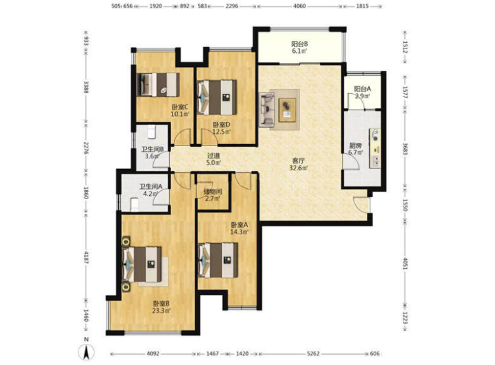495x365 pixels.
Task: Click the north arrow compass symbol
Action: [x=86, y=350]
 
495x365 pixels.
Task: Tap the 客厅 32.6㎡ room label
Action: [x=298, y=165]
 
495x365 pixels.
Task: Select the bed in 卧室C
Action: [x=158, y=84]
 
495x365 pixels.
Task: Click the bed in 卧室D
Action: [x=217, y=97]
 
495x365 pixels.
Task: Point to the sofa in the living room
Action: [x=267, y=110]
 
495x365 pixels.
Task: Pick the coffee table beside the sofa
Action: [x=287, y=110]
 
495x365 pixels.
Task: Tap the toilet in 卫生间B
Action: [x=151, y=132]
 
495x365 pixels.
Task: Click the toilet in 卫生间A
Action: [x=135, y=204]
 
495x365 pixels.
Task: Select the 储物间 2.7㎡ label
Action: [x=212, y=195]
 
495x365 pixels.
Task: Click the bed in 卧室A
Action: [x=218, y=260]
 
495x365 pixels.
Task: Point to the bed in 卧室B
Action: [x=142, y=264]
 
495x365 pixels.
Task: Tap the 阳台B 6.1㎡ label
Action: [x=300, y=48]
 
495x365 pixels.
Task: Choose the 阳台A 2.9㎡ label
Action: [x=362, y=93]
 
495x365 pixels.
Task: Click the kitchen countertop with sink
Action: [x=375, y=148]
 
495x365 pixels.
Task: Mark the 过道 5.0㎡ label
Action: [x=214, y=159]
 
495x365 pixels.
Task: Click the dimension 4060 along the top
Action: [x=300, y=6]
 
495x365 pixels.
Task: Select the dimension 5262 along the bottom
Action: [x=313, y=354]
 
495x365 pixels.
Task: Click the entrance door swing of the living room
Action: [x=361, y=204]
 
